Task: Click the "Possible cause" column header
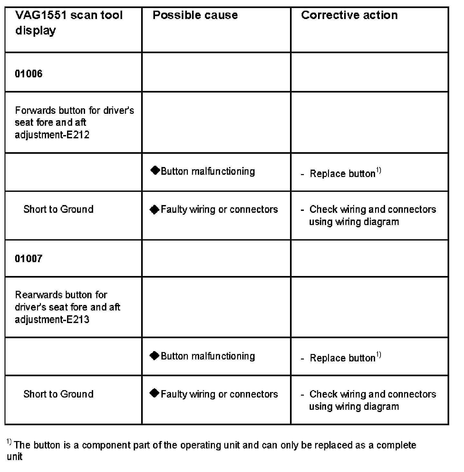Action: pos(195,15)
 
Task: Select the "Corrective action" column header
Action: pos(349,15)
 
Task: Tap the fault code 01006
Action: pos(29,74)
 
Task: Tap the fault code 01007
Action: pos(29,259)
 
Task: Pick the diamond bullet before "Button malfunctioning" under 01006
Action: pos(155,171)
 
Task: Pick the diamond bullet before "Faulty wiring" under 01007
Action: pos(155,393)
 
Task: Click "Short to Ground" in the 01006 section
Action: pos(58,209)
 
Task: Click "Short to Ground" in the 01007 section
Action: pos(58,394)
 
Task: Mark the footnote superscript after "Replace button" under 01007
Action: pos(379,355)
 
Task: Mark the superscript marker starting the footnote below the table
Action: pos(9,442)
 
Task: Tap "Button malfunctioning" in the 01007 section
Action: pos(208,356)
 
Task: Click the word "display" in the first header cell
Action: pos(35,31)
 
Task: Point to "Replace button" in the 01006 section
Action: pos(342,173)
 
